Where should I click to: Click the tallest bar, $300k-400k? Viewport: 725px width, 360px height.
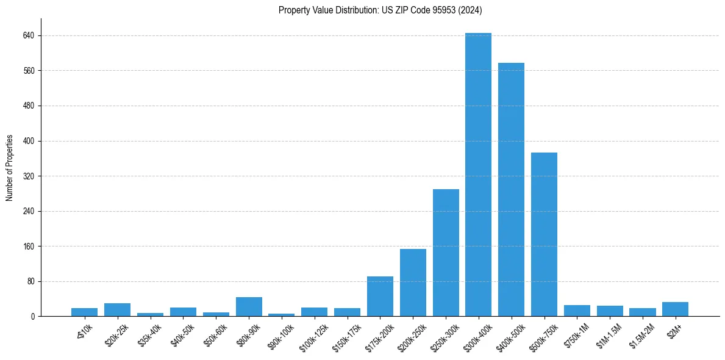click(x=478, y=175)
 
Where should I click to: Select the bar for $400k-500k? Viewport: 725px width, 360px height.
click(x=511, y=190)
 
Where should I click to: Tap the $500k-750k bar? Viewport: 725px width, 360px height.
click(x=544, y=234)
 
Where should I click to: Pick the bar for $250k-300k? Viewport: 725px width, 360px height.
click(x=446, y=253)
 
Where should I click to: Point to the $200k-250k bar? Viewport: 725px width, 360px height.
click(x=413, y=283)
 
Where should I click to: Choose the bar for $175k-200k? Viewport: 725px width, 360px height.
click(x=380, y=297)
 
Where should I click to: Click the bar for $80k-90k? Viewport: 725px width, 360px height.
click(x=249, y=307)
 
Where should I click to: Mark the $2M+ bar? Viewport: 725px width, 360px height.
click(x=675, y=309)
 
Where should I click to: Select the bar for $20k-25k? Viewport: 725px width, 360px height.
click(x=117, y=310)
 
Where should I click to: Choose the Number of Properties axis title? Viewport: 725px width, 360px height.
click(x=10, y=168)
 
